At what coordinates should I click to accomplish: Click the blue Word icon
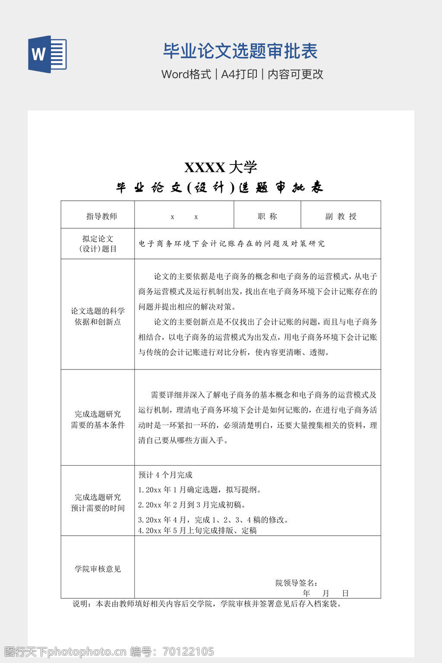[47, 54]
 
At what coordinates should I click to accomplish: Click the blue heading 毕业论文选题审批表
[240, 51]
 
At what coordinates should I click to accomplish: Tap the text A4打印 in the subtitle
[239, 74]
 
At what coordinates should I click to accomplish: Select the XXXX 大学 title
[221, 167]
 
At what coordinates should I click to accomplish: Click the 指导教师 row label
[101, 216]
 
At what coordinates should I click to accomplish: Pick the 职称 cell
[267, 216]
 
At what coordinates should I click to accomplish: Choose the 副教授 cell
[341, 216]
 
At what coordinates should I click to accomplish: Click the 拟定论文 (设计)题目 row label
[98, 244]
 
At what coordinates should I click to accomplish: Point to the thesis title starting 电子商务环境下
[231, 244]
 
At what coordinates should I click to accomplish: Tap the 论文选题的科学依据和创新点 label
[98, 316]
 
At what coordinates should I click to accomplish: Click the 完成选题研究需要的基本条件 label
[98, 419]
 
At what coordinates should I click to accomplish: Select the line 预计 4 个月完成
[165, 475]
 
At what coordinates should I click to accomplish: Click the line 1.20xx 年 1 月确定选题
[199, 489]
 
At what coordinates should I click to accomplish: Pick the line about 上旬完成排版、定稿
[197, 530]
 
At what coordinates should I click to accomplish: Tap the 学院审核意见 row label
[98, 569]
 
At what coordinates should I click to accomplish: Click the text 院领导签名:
[297, 583]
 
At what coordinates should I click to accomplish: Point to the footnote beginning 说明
[207, 604]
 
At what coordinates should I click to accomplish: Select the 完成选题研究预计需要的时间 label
[98, 502]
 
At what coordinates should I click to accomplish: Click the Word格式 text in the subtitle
[186, 74]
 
